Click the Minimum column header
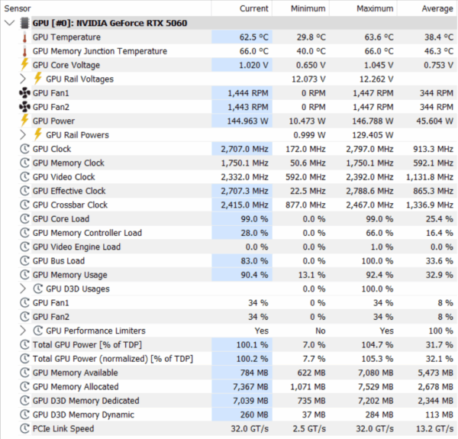308,8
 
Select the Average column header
437,8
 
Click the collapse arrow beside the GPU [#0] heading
10,23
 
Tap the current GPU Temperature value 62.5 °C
254,37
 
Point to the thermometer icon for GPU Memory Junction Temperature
25,51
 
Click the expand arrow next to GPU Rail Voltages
23,79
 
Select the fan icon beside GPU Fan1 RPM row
25,93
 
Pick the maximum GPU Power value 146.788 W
373,121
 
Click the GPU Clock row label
52,149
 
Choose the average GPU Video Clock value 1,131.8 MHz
430,177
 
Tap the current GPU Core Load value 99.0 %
254,219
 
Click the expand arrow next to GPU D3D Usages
23,289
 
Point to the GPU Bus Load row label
59,261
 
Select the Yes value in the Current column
261,331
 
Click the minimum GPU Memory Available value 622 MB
311,373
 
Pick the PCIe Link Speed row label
63,428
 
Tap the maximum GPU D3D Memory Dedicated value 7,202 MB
376,401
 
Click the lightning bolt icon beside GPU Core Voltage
24,65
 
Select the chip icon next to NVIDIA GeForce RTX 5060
25,23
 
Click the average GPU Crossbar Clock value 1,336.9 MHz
430,205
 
